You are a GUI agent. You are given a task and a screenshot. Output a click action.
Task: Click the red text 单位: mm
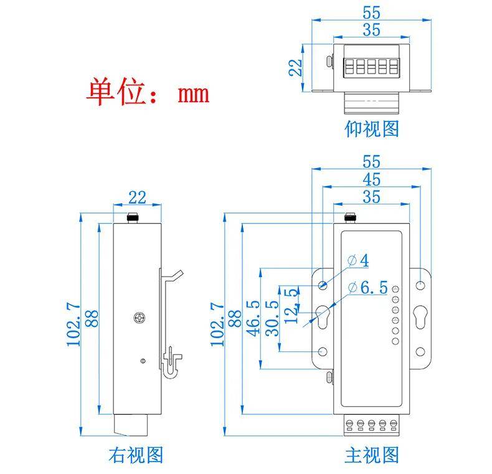tap(148, 92)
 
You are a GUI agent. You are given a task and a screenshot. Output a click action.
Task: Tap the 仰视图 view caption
tap(372, 129)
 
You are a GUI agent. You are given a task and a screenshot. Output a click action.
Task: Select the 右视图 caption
tap(136, 455)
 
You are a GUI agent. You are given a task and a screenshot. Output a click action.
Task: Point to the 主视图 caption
tap(372, 455)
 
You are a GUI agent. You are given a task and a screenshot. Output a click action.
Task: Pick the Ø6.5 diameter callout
tap(368, 288)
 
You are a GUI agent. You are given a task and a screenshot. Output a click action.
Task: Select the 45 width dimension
tap(372, 179)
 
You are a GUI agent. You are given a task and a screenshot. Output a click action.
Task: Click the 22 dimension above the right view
tap(137, 197)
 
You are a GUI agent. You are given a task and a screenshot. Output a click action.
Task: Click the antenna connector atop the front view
tap(350, 218)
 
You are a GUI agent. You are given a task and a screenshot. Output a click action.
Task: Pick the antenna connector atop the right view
tap(132, 218)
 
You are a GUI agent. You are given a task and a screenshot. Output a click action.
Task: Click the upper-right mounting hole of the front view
tap(420, 285)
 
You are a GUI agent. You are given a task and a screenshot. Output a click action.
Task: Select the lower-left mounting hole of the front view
tap(323, 352)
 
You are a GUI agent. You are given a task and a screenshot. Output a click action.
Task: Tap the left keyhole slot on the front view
tap(323, 318)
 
